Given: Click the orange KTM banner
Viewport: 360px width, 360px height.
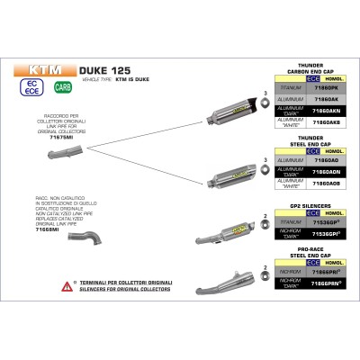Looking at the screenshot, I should coord(40,67).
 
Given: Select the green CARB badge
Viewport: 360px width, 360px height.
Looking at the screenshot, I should coord(64,87).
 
